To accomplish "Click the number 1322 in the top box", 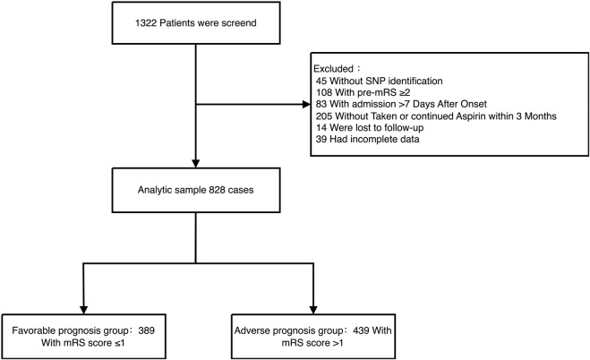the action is (x=146, y=23).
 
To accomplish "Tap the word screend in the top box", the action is (x=239, y=23).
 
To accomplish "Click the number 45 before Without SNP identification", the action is (x=321, y=81).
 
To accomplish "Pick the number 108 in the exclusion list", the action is (x=324, y=92).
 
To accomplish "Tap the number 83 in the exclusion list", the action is (x=321, y=104).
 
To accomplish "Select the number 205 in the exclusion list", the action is (x=324, y=116).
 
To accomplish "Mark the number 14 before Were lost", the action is (x=321, y=127).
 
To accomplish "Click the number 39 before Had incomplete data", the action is (x=321, y=139).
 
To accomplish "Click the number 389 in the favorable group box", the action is (x=146, y=330).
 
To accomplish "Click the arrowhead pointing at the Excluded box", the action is (x=307, y=104).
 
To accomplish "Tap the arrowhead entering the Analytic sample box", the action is (x=196, y=164).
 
